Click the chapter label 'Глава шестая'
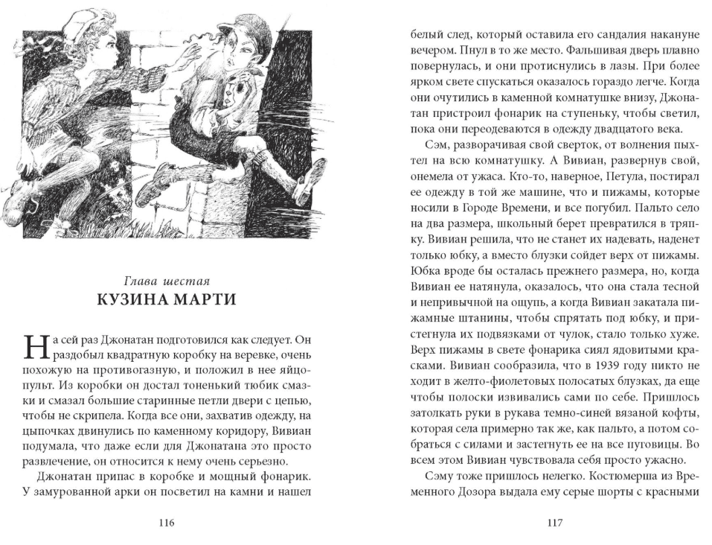click(167, 281)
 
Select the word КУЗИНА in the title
click(131, 300)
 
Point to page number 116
click(166, 523)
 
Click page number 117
click(554, 523)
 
